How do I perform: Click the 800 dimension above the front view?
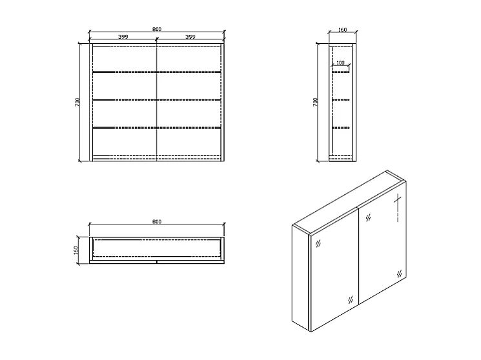coord(157,29)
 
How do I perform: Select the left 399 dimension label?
coord(123,37)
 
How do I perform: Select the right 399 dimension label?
coord(190,37)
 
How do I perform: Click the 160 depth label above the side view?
coord(342,29)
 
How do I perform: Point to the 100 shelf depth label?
coord(340,63)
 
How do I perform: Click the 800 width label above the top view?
coord(157,221)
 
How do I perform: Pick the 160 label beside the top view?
coord(76,250)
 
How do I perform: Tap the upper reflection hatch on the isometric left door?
coord(317,244)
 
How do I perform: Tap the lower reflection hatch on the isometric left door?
coord(349,299)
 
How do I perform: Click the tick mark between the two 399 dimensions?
coord(157,41)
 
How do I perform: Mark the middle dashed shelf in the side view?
coord(341,100)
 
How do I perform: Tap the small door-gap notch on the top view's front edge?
coord(157,262)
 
